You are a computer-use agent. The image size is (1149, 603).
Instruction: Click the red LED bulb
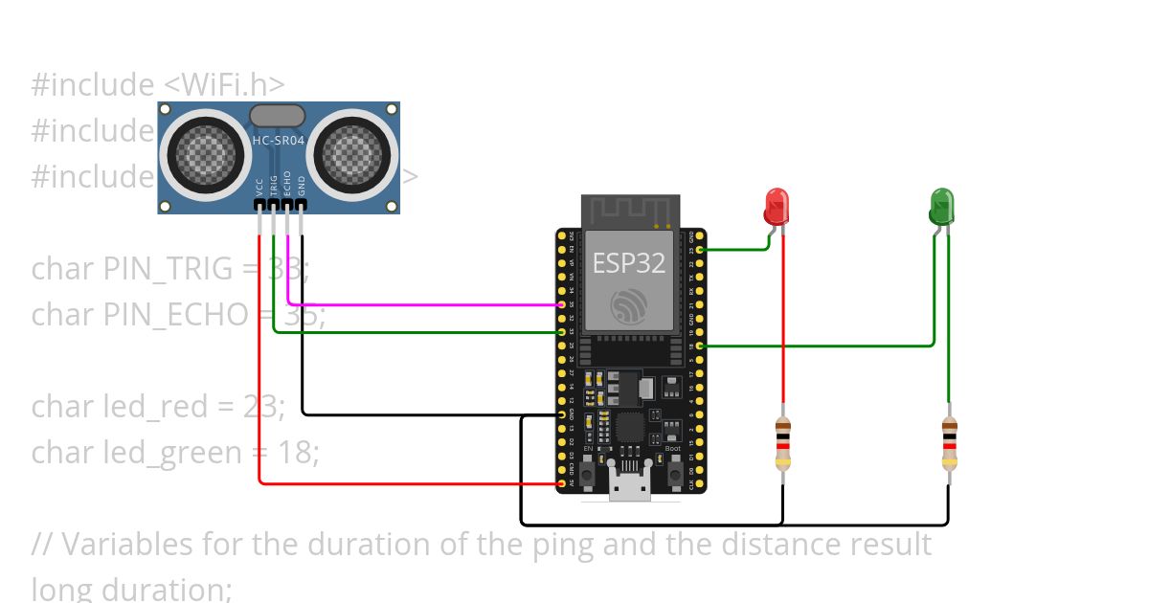[x=777, y=206]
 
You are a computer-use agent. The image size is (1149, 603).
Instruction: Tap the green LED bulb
[x=941, y=206]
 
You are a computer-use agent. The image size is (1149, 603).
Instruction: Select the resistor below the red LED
[x=783, y=444]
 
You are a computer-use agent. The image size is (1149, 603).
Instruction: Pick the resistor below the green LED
[x=949, y=444]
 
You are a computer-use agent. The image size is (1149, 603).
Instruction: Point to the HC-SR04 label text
[x=278, y=141]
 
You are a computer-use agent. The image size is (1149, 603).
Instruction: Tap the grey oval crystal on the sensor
[x=277, y=116]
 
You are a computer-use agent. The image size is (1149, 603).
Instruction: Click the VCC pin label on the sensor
[x=259, y=186]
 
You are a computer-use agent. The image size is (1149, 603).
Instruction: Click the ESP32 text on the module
[x=629, y=263]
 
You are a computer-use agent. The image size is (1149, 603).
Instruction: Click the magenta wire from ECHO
[x=421, y=305]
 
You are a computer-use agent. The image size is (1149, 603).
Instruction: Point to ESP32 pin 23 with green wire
[x=702, y=250]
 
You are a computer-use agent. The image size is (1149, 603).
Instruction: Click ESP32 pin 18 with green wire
[x=702, y=346]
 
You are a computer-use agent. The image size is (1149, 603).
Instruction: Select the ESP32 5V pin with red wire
[x=561, y=483]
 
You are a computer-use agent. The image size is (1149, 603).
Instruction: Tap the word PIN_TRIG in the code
[x=168, y=269]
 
